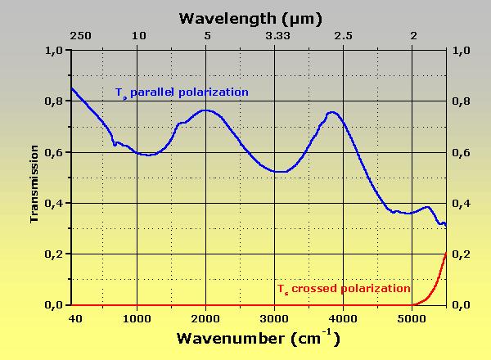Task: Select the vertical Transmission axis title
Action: pyautogui.click(x=34, y=184)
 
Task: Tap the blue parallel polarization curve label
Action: pyautogui.click(x=181, y=92)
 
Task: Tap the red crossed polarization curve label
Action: pyautogui.click(x=343, y=289)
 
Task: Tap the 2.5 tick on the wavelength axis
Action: pyautogui.click(x=344, y=36)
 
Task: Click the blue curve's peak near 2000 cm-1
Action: pyautogui.click(x=206, y=110)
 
